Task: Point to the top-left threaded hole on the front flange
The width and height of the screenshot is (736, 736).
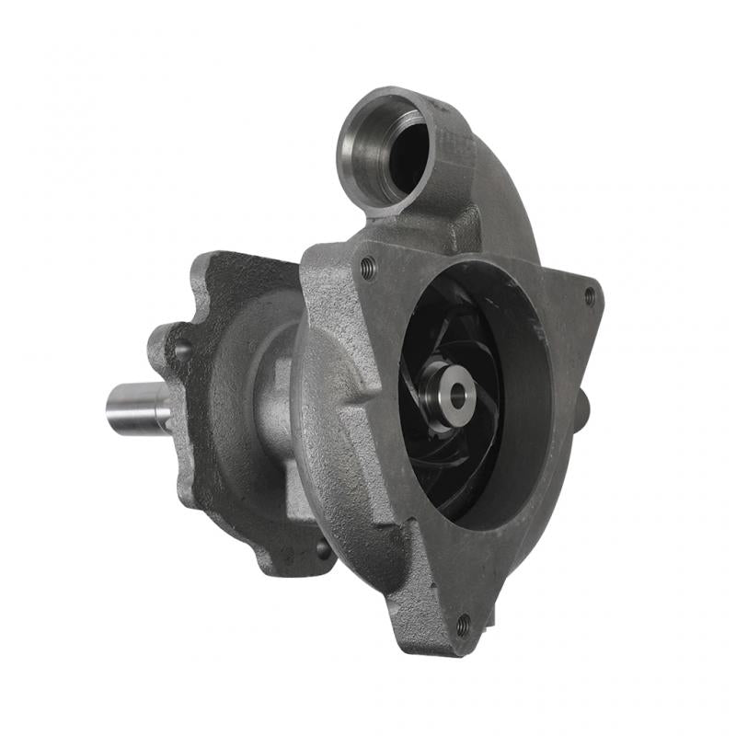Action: [x=369, y=268]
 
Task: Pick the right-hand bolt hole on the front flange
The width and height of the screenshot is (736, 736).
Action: [x=590, y=295]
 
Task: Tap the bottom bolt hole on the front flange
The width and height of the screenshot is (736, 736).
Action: [x=463, y=626]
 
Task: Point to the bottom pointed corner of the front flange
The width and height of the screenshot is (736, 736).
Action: [x=460, y=644]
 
